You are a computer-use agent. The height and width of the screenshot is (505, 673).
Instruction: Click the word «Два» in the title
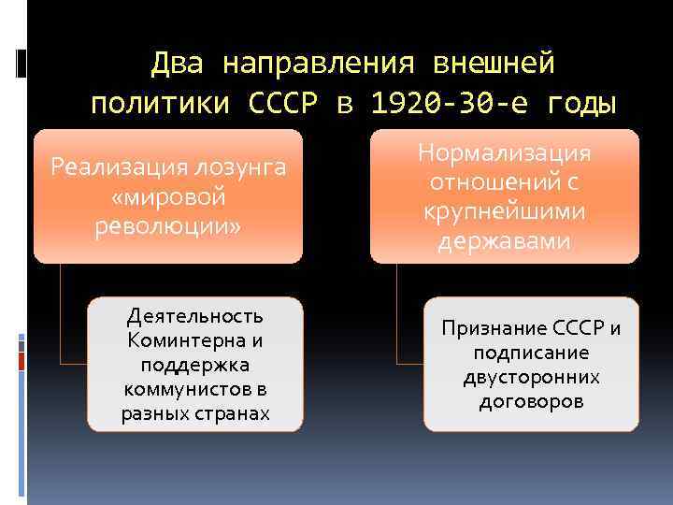(x=178, y=64)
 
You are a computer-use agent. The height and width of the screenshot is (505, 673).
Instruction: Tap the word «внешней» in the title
(x=494, y=64)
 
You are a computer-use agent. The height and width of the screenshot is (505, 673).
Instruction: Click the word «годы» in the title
(x=578, y=103)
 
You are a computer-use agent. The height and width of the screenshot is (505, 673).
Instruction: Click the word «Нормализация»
(x=505, y=151)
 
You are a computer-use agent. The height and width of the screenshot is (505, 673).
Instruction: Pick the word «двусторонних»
(x=531, y=378)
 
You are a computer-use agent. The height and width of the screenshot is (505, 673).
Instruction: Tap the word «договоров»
(x=531, y=402)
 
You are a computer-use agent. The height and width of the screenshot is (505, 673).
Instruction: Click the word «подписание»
(x=531, y=353)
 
